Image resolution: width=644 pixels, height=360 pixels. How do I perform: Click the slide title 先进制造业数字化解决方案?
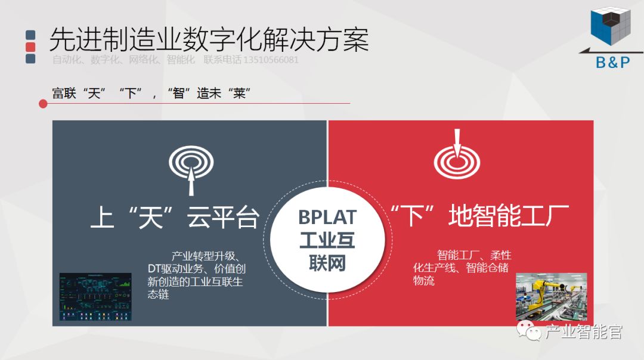[x=209, y=39]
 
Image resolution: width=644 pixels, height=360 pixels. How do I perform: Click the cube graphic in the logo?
[x=610, y=27]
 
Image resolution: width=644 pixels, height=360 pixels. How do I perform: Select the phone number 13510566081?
[x=271, y=60]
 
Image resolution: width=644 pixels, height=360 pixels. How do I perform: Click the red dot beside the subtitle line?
[x=43, y=104]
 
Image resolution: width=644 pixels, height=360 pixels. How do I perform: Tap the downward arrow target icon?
[x=457, y=156]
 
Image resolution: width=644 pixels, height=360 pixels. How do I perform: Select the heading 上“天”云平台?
[x=175, y=219]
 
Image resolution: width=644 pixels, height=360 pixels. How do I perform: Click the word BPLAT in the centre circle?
[x=327, y=217]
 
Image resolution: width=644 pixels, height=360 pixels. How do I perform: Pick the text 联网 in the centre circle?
[x=327, y=263]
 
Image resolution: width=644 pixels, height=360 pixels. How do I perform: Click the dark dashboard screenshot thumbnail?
[x=95, y=296]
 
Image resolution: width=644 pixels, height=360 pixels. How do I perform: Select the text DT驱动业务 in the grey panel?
[x=177, y=269]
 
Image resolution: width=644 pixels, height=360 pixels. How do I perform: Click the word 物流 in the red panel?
[x=424, y=281]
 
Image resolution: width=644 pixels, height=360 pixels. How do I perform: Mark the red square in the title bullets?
[x=30, y=47]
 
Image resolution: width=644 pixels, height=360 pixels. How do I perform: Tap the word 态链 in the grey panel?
[x=158, y=294]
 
